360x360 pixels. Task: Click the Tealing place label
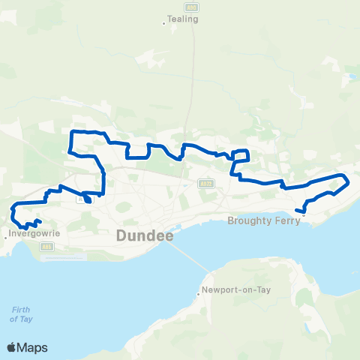tap(184, 19)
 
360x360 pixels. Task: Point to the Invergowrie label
tap(34, 232)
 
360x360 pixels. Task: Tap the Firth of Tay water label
tap(21, 315)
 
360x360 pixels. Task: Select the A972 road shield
tap(207, 182)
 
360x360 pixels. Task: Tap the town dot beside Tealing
tap(164, 23)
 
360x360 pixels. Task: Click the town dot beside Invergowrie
tap(6, 238)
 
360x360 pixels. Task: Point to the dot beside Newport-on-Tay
tap(198, 294)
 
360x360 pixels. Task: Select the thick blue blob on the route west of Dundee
tap(88, 199)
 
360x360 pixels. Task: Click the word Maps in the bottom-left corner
tap(34, 347)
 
